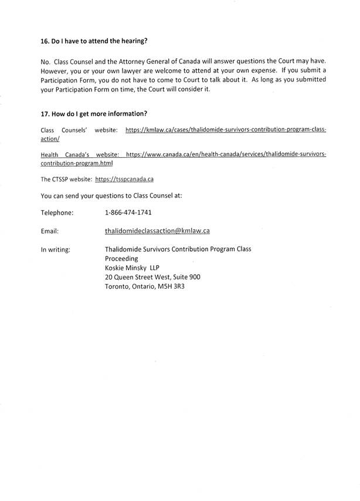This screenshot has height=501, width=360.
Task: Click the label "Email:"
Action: tap(49, 231)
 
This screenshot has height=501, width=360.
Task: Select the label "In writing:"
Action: tap(56, 249)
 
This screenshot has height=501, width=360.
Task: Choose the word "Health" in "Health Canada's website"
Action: tap(52, 154)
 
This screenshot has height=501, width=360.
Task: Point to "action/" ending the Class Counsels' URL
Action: tap(50, 138)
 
